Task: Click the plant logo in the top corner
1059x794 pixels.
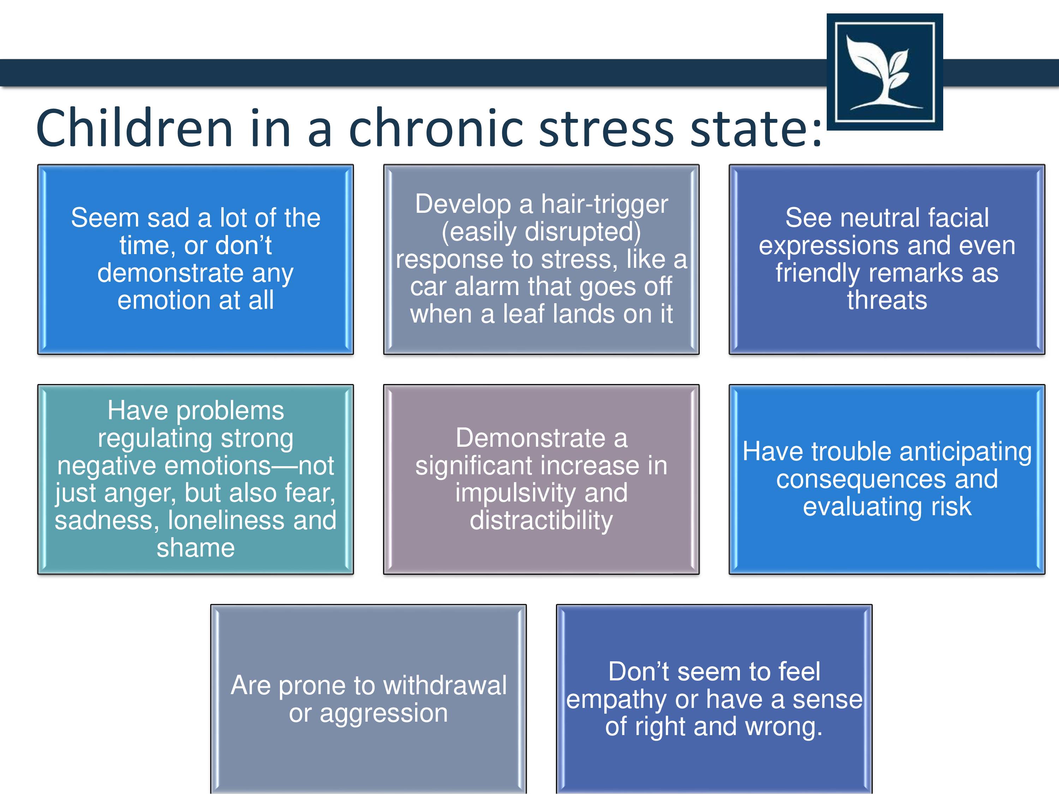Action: click(885, 72)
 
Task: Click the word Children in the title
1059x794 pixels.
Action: click(134, 128)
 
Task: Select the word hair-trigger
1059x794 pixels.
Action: click(605, 205)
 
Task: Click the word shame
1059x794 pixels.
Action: click(196, 548)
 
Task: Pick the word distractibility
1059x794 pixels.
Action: click(542, 521)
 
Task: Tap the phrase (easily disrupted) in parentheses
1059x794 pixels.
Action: click(541, 232)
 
